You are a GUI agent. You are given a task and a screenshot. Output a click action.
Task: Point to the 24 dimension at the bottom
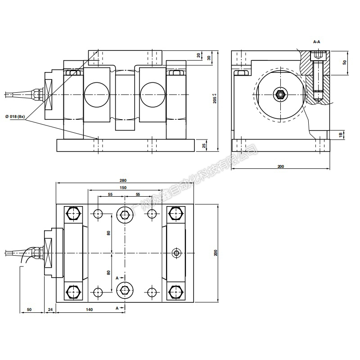point(50,310)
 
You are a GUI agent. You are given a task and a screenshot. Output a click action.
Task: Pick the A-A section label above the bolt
point(317,42)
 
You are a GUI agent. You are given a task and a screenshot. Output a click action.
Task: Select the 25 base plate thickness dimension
point(204,146)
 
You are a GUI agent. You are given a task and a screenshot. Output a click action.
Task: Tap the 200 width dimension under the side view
point(281,166)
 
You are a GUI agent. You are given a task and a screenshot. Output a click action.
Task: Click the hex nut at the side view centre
point(280,94)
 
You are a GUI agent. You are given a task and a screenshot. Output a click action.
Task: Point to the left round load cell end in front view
point(96,94)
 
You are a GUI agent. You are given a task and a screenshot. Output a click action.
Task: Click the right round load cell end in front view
point(153,94)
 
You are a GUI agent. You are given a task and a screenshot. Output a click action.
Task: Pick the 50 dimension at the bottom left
point(29,310)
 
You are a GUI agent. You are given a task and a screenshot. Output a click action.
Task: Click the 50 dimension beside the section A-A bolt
point(345,62)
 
